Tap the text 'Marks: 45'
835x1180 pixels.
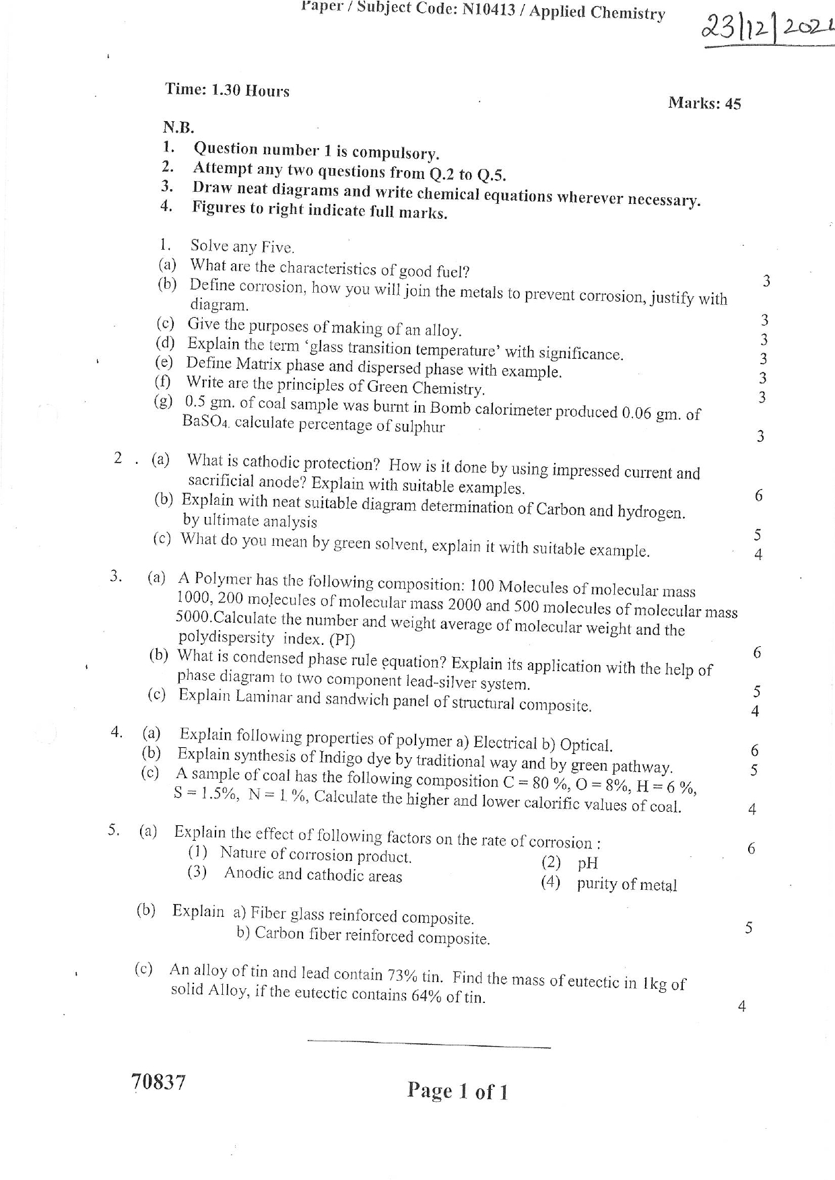tap(704, 103)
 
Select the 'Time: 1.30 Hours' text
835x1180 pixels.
tap(227, 90)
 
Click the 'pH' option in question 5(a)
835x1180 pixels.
tap(587, 863)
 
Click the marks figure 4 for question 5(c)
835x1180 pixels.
tap(741, 1006)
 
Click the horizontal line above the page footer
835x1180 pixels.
tap(428, 1045)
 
